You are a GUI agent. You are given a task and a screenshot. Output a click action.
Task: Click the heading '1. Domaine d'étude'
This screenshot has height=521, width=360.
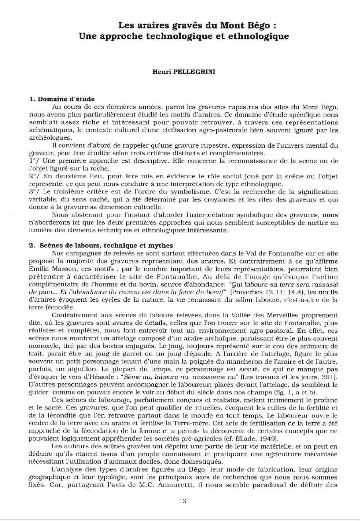pyautogui.click(x=62, y=99)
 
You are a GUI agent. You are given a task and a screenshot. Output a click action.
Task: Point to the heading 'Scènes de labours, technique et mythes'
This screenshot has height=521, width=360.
pyautogui.click(x=106, y=246)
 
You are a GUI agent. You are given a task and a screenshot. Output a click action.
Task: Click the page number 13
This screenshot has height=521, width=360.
pyautogui.click(x=183, y=501)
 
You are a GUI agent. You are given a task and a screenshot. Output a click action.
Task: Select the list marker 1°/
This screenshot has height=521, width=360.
pyautogui.click(x=35, y=160)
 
